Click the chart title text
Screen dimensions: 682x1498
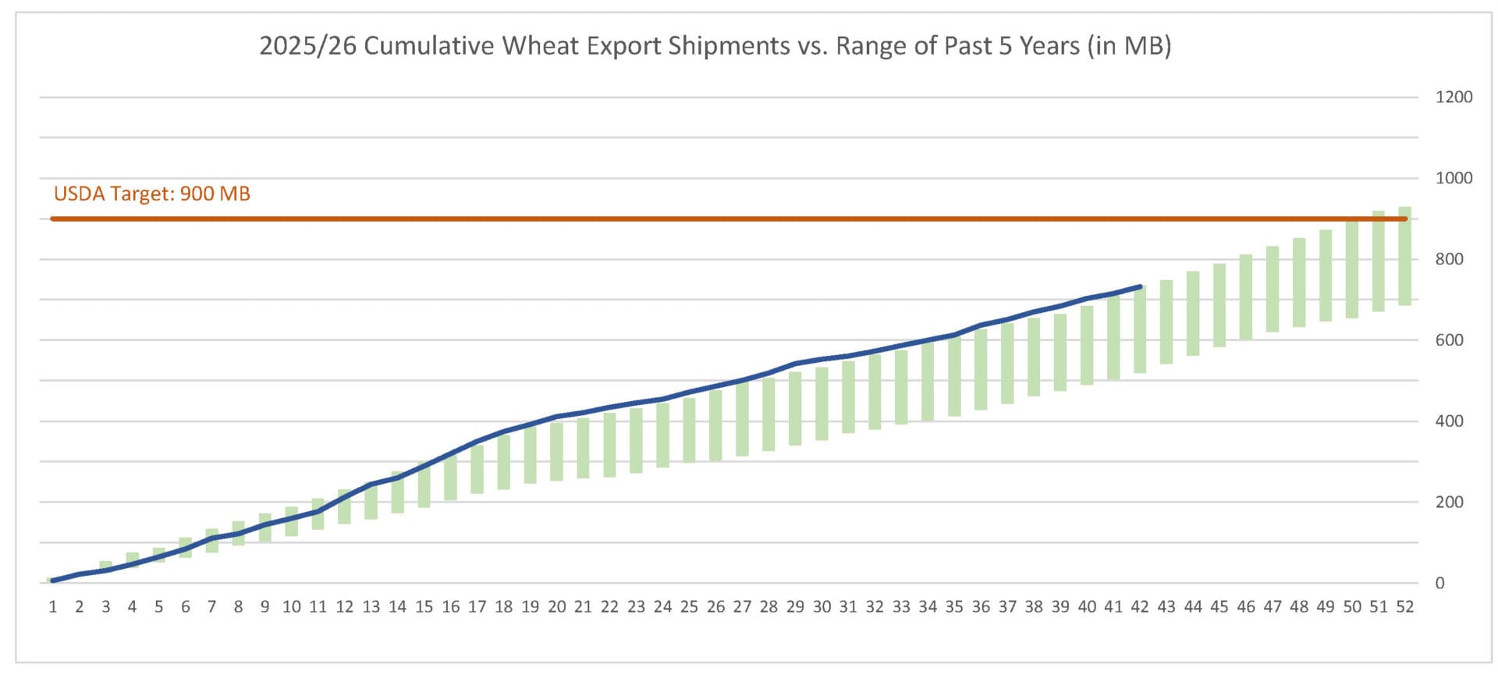point(715,46)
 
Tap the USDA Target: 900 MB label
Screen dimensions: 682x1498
point(152,194)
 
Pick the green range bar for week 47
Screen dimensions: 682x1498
point(1272,289)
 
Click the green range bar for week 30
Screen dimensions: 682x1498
point(822,404)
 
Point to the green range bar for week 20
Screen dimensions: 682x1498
point(556,452)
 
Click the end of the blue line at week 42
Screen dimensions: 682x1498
point(1140,287)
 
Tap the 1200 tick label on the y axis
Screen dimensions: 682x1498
point(1454,98)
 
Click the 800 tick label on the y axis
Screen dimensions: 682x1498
point(1449,259)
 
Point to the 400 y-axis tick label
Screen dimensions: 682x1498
point(1449,421)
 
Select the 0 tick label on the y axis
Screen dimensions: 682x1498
point(1439,583)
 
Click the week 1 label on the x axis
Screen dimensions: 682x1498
point(53,607)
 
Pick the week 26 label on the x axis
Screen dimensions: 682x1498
point(715,607)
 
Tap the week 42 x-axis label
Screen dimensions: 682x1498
point(1140,607)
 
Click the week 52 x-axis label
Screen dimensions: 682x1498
point(1404,607)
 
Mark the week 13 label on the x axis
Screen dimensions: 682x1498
point(371,607)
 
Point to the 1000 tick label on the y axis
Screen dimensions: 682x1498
point(1454,178)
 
